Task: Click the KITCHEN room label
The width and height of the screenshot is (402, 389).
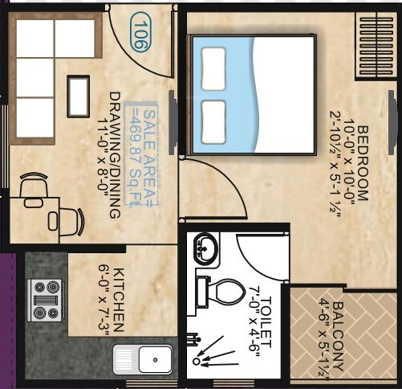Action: point(119,300)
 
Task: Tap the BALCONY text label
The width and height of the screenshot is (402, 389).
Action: point(337,336)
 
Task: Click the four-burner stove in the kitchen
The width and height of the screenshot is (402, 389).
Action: point(46,300)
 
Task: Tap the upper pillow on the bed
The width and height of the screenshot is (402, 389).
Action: point(213,68)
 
